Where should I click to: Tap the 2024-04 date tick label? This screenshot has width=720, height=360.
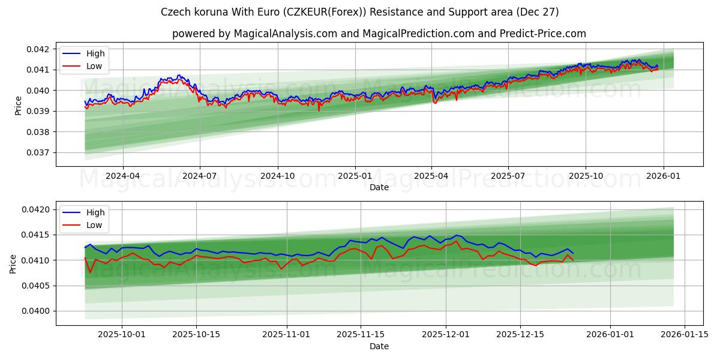122,176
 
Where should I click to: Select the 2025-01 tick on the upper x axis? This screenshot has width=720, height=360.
355,176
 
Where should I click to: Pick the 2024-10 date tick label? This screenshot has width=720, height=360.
278,176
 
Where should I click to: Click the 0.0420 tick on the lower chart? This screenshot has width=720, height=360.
37,209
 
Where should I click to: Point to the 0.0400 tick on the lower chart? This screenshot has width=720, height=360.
37,311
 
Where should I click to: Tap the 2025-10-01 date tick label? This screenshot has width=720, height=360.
122,335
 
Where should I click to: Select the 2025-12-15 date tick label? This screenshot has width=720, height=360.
520,335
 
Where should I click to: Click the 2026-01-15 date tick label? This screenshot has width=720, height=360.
684,335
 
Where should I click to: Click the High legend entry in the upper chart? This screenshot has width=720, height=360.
95,54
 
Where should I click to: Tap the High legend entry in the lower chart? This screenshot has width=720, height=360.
95,212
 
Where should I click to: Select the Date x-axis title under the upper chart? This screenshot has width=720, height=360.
379,187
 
